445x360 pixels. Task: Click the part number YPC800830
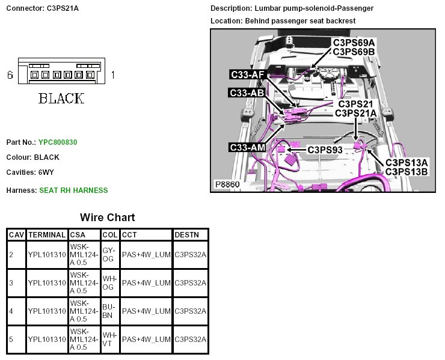[58, 142]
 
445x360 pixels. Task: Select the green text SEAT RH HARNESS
[73, 191]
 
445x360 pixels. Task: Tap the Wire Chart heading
[108, 218]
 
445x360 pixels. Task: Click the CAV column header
[17, 234]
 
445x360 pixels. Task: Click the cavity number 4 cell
[11, 311]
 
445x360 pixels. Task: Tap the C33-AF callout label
[247, 75]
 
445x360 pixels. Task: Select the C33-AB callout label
[247, 93]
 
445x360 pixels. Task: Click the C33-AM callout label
[247, 148]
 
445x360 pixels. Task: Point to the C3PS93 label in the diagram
[325, 148]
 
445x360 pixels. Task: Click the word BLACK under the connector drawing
[61, 99]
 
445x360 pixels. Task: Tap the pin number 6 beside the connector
[10, 75]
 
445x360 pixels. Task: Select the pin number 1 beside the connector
[113, 75]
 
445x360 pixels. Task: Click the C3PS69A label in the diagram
[354, 43]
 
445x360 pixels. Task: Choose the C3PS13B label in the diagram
[407, 171]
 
